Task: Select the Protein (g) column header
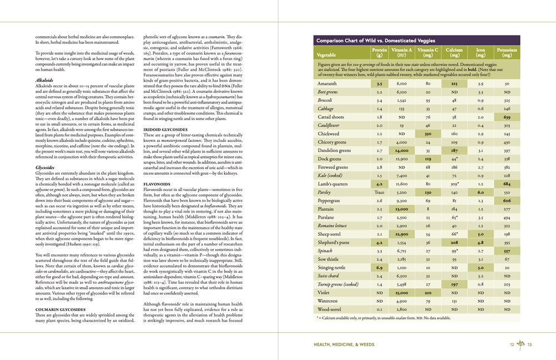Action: (x=379, y=52)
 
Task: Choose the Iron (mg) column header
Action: (x=480, y=52)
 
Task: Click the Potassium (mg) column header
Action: (x=507, y=52)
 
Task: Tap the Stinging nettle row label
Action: (x=331, y=268)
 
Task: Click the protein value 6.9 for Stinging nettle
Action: (x=379, y=268)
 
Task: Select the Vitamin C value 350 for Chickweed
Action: (x=428, y=134)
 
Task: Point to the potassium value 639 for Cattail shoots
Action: (x=507, y=117)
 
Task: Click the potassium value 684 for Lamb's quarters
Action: (x=507, y=183)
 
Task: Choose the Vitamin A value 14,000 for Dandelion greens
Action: (x=402, y=150)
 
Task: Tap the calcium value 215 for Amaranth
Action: (x=454, y=83)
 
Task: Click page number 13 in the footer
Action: (x=530, y=345)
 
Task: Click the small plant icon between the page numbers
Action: (x=521, y=345)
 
